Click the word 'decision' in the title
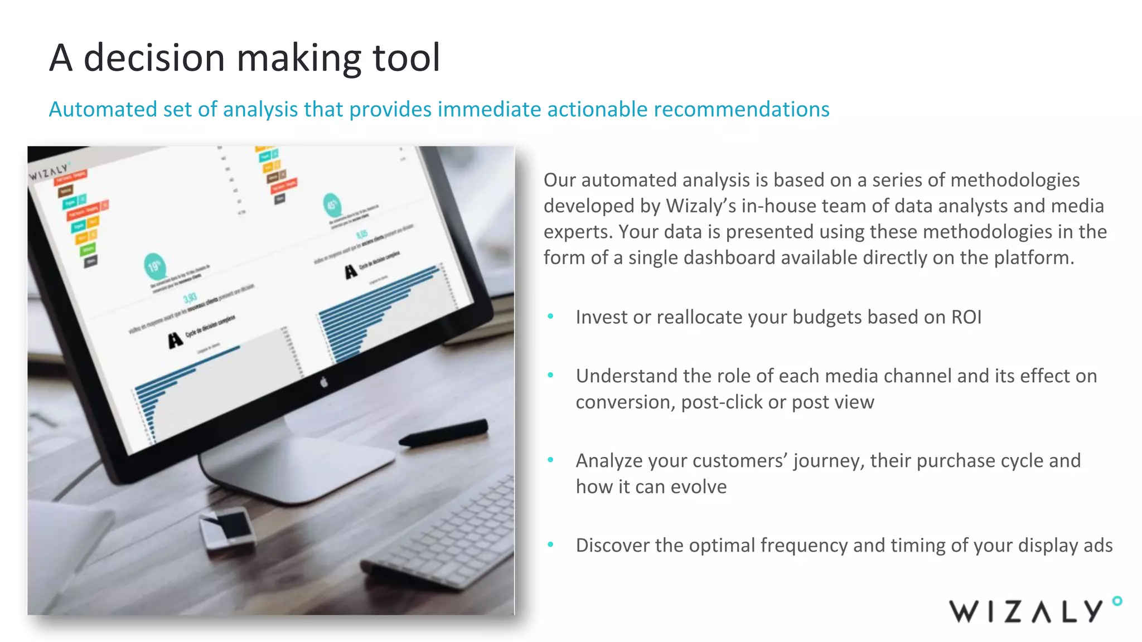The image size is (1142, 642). pos(154,58)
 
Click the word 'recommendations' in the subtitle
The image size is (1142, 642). pos(742,109)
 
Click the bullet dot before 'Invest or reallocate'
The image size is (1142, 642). pos(550,317)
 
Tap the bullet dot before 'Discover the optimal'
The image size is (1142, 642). pos(550,544)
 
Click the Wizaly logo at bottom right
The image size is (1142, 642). pos(1026,611)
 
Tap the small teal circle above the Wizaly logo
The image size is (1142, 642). pos(1117,601)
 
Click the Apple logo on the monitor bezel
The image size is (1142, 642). pos(324,382)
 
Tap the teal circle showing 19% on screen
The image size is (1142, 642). pos(154,266)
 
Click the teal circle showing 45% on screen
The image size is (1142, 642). pos(332,205)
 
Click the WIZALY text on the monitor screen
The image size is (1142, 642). pos(49,172)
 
